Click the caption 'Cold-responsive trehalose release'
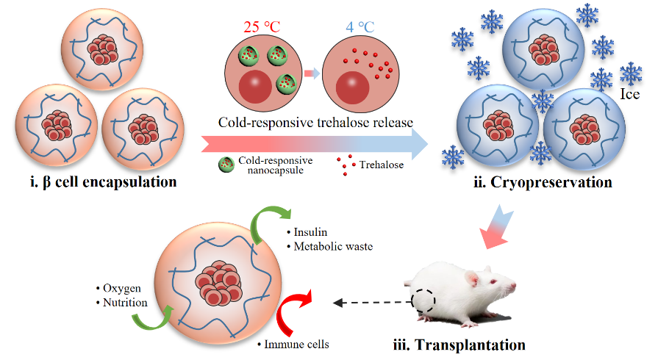pos(314,123)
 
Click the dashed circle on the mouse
pos(423,301)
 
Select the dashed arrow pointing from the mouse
pos(368,301)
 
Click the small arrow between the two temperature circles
pos(312,73)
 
